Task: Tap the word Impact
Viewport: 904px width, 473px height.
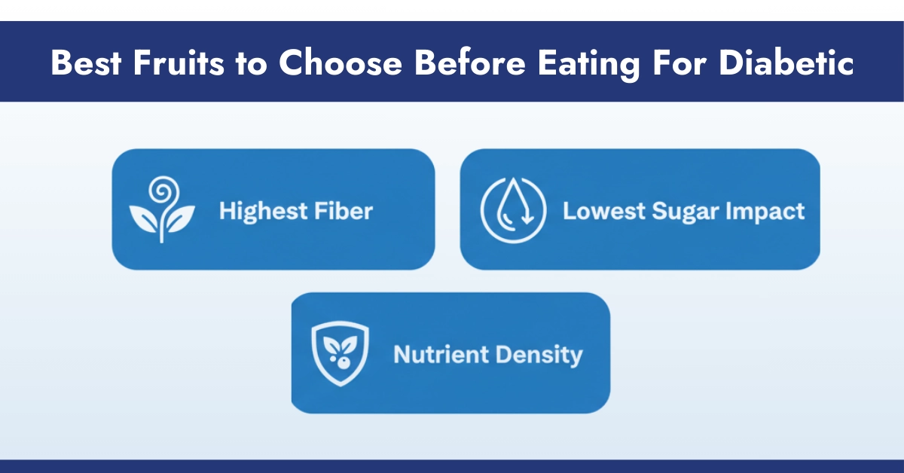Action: [x=765, y=211]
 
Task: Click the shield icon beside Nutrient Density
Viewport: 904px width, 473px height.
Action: [x=339, y=352]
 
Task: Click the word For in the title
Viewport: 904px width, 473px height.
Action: [x=680, y=63]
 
